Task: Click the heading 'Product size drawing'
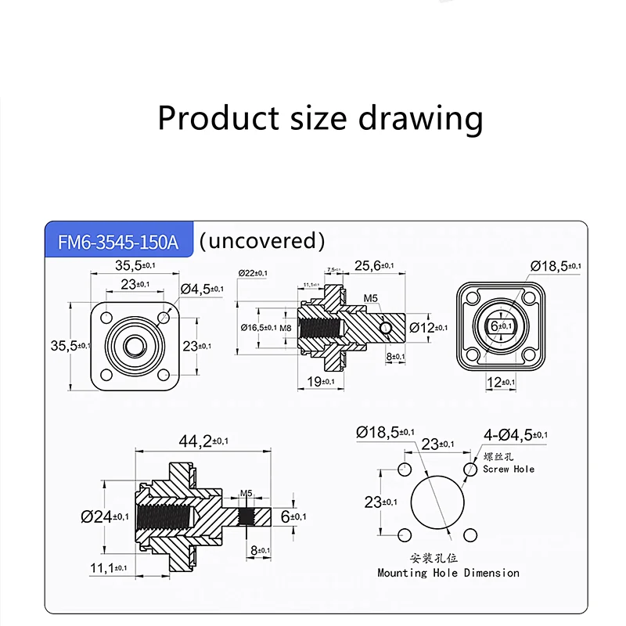pyautogui.click(x=320, y=118)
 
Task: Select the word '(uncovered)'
pyautogui.click(x=261, y=240)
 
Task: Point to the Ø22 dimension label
pyautogui.click(x=253, y=272)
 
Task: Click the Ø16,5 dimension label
pyautogui.click(x=258, y=327)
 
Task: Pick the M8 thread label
pyautogui.click(x=286, y=327)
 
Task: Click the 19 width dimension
pyautogui.click(x=320, y=381)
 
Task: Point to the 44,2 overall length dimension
pyautogui.click(x=204, y=441)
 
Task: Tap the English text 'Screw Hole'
pyautogui.click(x=509, y=469)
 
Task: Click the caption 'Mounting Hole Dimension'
pyautogui.click(x=448, y=573)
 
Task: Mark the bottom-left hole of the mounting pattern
pyautogui.click(x=405, y=534)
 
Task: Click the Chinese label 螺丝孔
pyautogui.click(x=499, y=457)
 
